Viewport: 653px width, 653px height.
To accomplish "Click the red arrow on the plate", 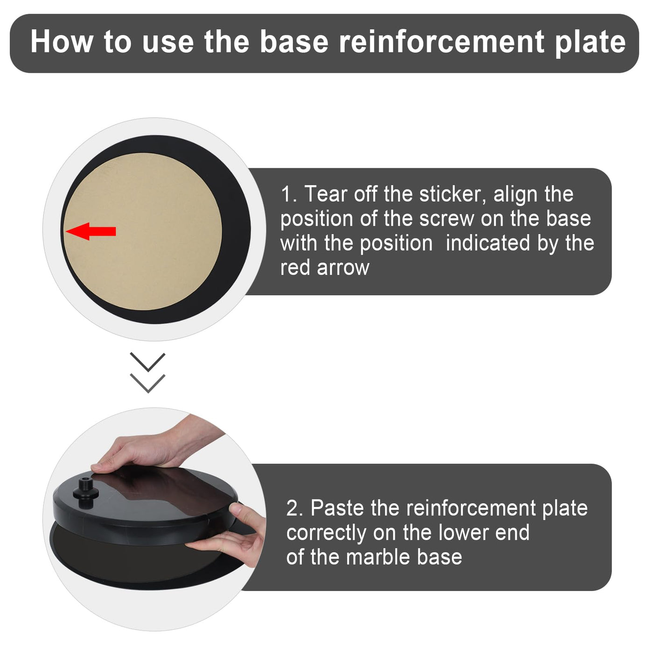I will [x=91, y=231].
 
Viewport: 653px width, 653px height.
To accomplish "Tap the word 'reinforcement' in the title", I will [x=441, y=42].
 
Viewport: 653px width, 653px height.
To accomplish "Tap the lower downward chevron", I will [x=147, y=383].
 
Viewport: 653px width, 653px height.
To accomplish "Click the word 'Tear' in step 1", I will [x=326, y=195].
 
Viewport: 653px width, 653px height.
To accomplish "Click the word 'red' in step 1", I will [x=295, y=268].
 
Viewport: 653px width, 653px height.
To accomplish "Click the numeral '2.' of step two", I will [x=294, y=508].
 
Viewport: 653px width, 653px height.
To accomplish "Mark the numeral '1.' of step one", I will [x=288, y=195].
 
